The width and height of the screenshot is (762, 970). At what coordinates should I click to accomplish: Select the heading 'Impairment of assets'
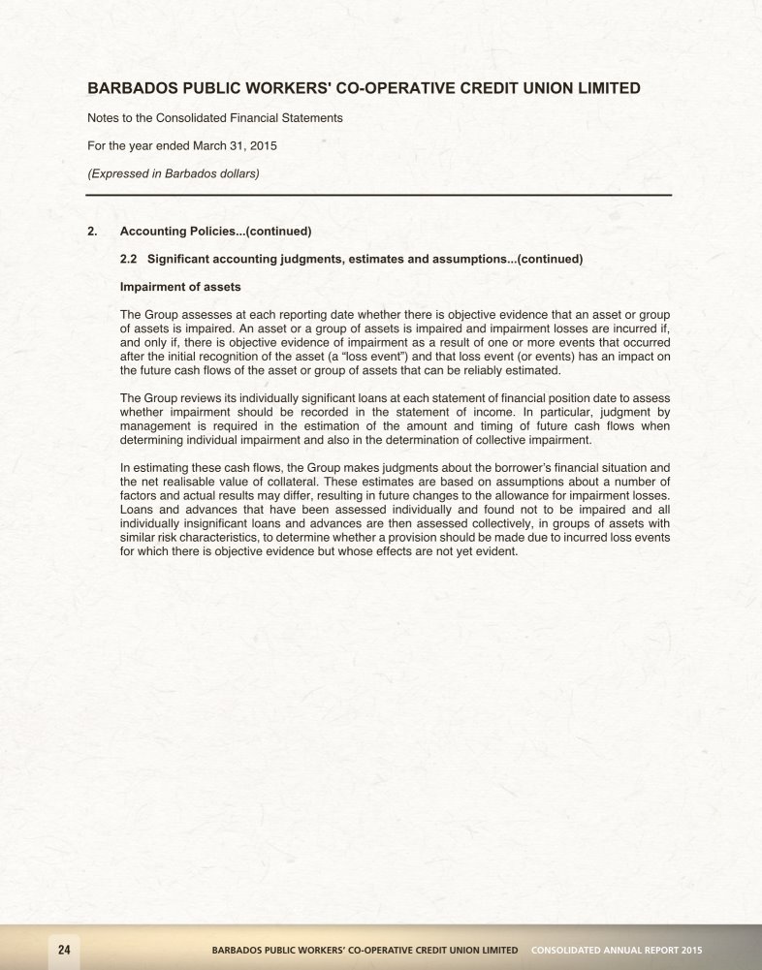(x=179, y=287)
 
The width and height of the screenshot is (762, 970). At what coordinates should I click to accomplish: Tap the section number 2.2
(x=130, y=259)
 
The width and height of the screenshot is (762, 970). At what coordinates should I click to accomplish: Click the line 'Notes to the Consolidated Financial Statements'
(x=215, y=117)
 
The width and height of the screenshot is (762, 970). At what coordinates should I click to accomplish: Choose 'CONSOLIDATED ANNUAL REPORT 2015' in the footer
(x=617, y=950)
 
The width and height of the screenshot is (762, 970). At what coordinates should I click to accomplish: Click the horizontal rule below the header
(x=379, y=196)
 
